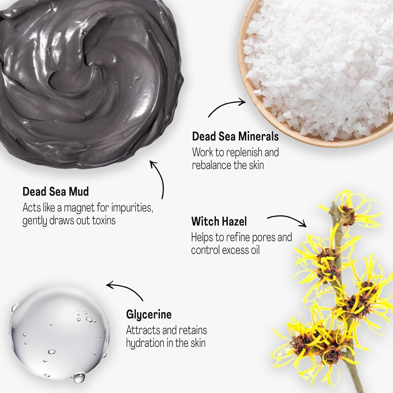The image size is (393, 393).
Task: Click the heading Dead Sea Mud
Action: [56, 192]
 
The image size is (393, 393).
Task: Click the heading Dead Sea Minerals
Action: [235, 137]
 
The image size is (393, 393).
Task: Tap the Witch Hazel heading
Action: [219, 221]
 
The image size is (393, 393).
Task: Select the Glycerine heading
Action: [149, 314]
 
